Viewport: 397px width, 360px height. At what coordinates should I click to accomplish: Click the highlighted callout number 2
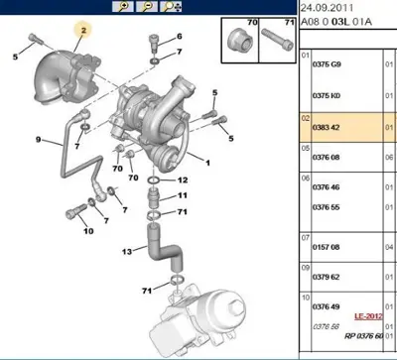[x=84, y=32]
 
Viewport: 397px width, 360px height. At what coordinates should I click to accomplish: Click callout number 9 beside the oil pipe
[x=39, y=139]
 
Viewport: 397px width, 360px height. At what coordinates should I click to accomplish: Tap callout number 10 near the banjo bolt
[x=88, y=232]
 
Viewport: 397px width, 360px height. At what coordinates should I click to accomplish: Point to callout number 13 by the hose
[x=127, y=251]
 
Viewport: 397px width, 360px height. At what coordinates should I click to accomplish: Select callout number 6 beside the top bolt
[x=180, y=37]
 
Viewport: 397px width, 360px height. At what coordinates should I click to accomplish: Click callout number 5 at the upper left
[x=15, y=57]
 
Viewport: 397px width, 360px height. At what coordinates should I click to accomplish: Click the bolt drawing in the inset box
[x=274, y=45]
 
